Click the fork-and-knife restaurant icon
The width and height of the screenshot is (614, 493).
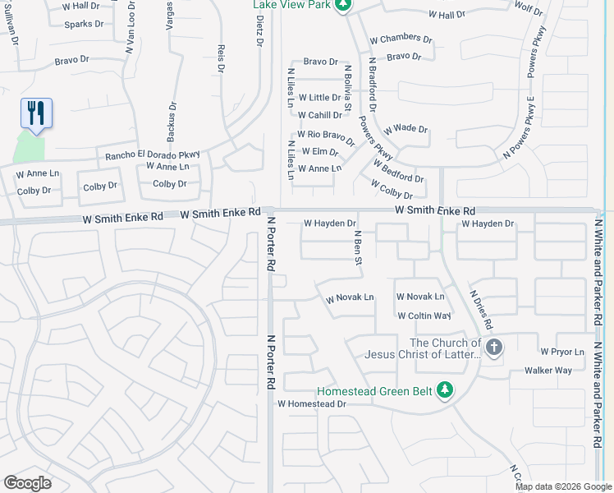(x=36, y=113)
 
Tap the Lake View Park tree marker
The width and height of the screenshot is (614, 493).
(x=344, y=5)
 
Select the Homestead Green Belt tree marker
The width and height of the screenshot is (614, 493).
(x=445, y=389)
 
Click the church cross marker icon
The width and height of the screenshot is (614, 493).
(x=493, y=348)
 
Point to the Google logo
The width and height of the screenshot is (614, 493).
(x=27, y=483)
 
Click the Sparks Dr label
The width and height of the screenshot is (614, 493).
(x=85, y=24)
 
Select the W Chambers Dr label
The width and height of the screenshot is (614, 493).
(x=401, y=39)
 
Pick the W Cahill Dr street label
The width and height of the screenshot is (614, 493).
(x=320, y=115)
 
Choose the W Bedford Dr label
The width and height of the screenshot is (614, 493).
(x=398, y=172)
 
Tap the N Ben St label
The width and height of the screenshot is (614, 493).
(x=358, y=248)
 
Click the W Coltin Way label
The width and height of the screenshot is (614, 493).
(x=424, y=316)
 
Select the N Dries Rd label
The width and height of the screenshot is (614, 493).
(x=480, y=303)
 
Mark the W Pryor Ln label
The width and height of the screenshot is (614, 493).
(x=561, y=352)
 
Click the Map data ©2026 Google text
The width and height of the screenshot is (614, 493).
(x=563, y=486)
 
